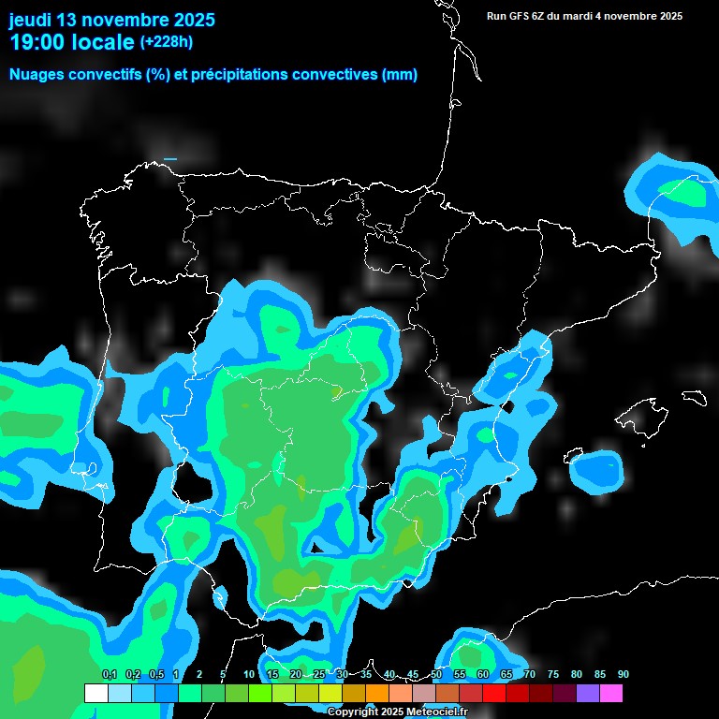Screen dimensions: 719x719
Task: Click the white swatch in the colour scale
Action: click(95, 694)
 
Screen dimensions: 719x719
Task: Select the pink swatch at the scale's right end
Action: click(611, 694)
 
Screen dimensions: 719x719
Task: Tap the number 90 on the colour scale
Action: click(624, 675)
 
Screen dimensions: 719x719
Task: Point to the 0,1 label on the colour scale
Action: click(110, 675)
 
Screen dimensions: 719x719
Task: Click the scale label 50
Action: click(436, 675)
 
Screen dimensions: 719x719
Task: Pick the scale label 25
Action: click(319, 675)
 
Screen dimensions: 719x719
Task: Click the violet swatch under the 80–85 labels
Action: click(588, 694)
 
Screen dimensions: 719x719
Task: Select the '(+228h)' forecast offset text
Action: click(167, 42)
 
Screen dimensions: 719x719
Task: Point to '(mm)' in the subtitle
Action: click(400, 75)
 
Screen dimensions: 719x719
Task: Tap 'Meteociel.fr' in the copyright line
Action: click(437, 712)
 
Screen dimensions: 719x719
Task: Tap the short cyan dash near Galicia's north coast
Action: click(170, 159)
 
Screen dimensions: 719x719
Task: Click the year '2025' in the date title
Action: click(188, 20)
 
